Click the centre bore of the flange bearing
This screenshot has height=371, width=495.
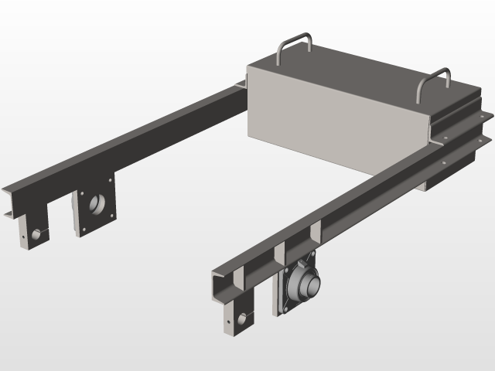308,285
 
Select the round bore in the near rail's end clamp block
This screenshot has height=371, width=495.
246,318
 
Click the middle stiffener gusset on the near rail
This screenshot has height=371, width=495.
279,255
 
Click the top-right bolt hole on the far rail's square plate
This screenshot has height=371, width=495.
111,182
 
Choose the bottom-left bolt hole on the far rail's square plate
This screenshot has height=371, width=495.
80,230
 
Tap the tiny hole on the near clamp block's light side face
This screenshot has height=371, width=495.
230,317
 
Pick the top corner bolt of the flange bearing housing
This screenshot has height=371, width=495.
313,255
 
